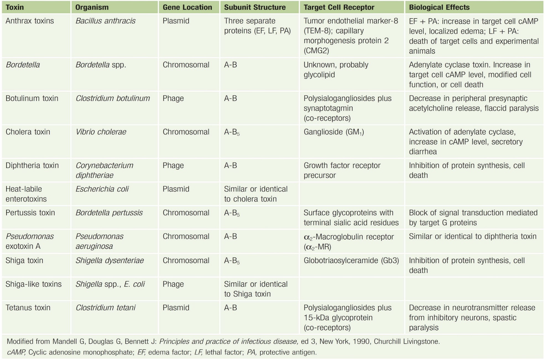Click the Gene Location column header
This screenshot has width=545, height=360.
[x=187, y=7]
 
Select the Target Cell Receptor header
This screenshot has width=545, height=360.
[x=339, y=7]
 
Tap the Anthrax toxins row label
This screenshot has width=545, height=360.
[x=30, y=21]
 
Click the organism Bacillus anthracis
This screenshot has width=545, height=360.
[x=105, y=21]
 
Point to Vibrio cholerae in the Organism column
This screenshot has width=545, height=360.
[x=101, y=132]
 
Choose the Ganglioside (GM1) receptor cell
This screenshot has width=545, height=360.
[x=333, y=132]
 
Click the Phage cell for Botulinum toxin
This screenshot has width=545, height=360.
[x=173, y=98]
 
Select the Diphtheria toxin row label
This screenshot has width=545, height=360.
[x=32, y=165]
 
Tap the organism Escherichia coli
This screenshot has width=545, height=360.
[x=102, y=189]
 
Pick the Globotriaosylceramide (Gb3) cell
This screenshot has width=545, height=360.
[x=351, y=260]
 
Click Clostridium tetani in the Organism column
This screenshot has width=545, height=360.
[x=105, y=307]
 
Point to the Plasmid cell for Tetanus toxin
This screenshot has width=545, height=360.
[x=176, y=307]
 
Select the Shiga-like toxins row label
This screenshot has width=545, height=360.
[x=33, y=284]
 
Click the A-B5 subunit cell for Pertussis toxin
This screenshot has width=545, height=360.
[x=232, y=213]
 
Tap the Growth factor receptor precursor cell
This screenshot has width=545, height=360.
[x=342, y=170]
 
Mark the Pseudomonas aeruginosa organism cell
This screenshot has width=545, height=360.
[x=99, y=241]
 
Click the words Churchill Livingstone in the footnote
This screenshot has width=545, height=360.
[x=406, y=341]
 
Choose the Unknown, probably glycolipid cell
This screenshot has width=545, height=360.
[x=336, y=69]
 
